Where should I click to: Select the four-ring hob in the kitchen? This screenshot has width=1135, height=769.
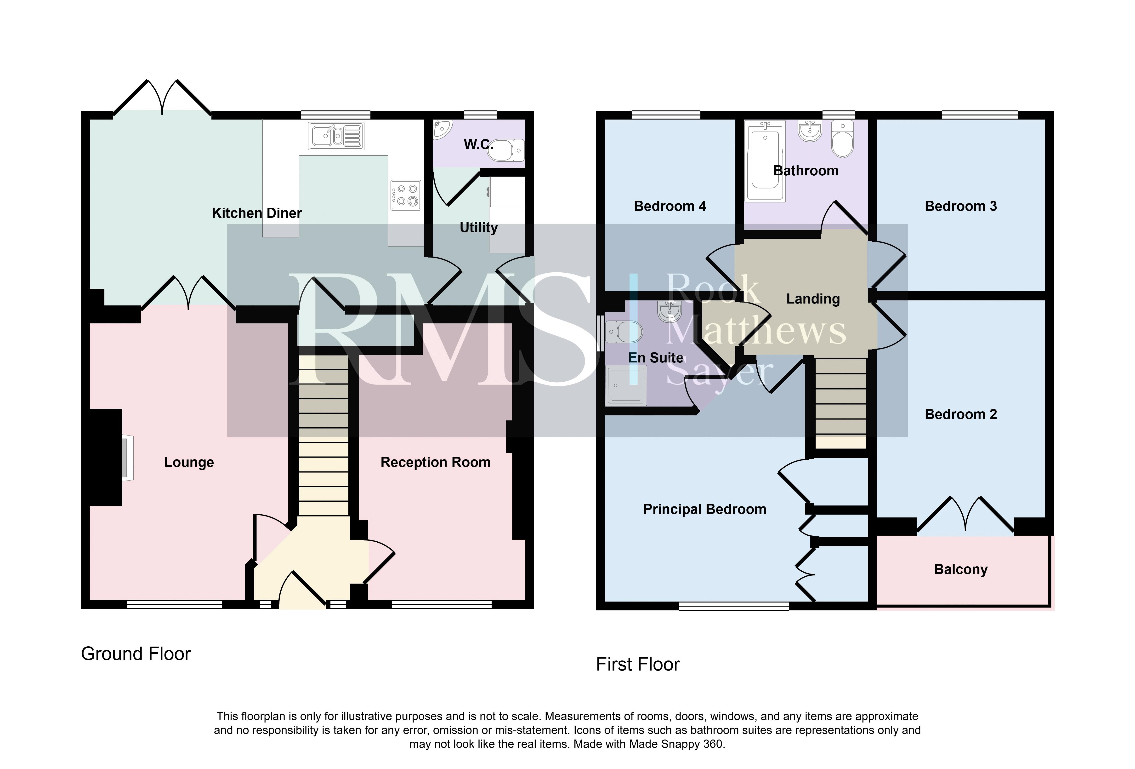click(x=406, y=195)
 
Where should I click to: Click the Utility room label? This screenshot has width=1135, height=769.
click(x=479, y=228)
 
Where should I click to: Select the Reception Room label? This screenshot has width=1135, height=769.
click(x=435, y=462)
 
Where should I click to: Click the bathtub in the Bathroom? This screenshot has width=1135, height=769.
click(x=765, y=161)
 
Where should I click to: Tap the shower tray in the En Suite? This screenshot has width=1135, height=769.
click(x=626, y=385)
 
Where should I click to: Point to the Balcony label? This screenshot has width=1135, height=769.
click(x=961, y=570)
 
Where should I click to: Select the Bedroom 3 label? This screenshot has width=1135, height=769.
click(x=961, y=206)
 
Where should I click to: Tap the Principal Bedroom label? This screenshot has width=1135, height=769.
click(x=704, y=509)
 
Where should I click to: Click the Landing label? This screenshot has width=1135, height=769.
click(x=813, y=299)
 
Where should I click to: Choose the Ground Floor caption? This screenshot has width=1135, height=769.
click(x=136, y=654)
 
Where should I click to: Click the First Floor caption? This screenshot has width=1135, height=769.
click(x=638, y=665)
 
